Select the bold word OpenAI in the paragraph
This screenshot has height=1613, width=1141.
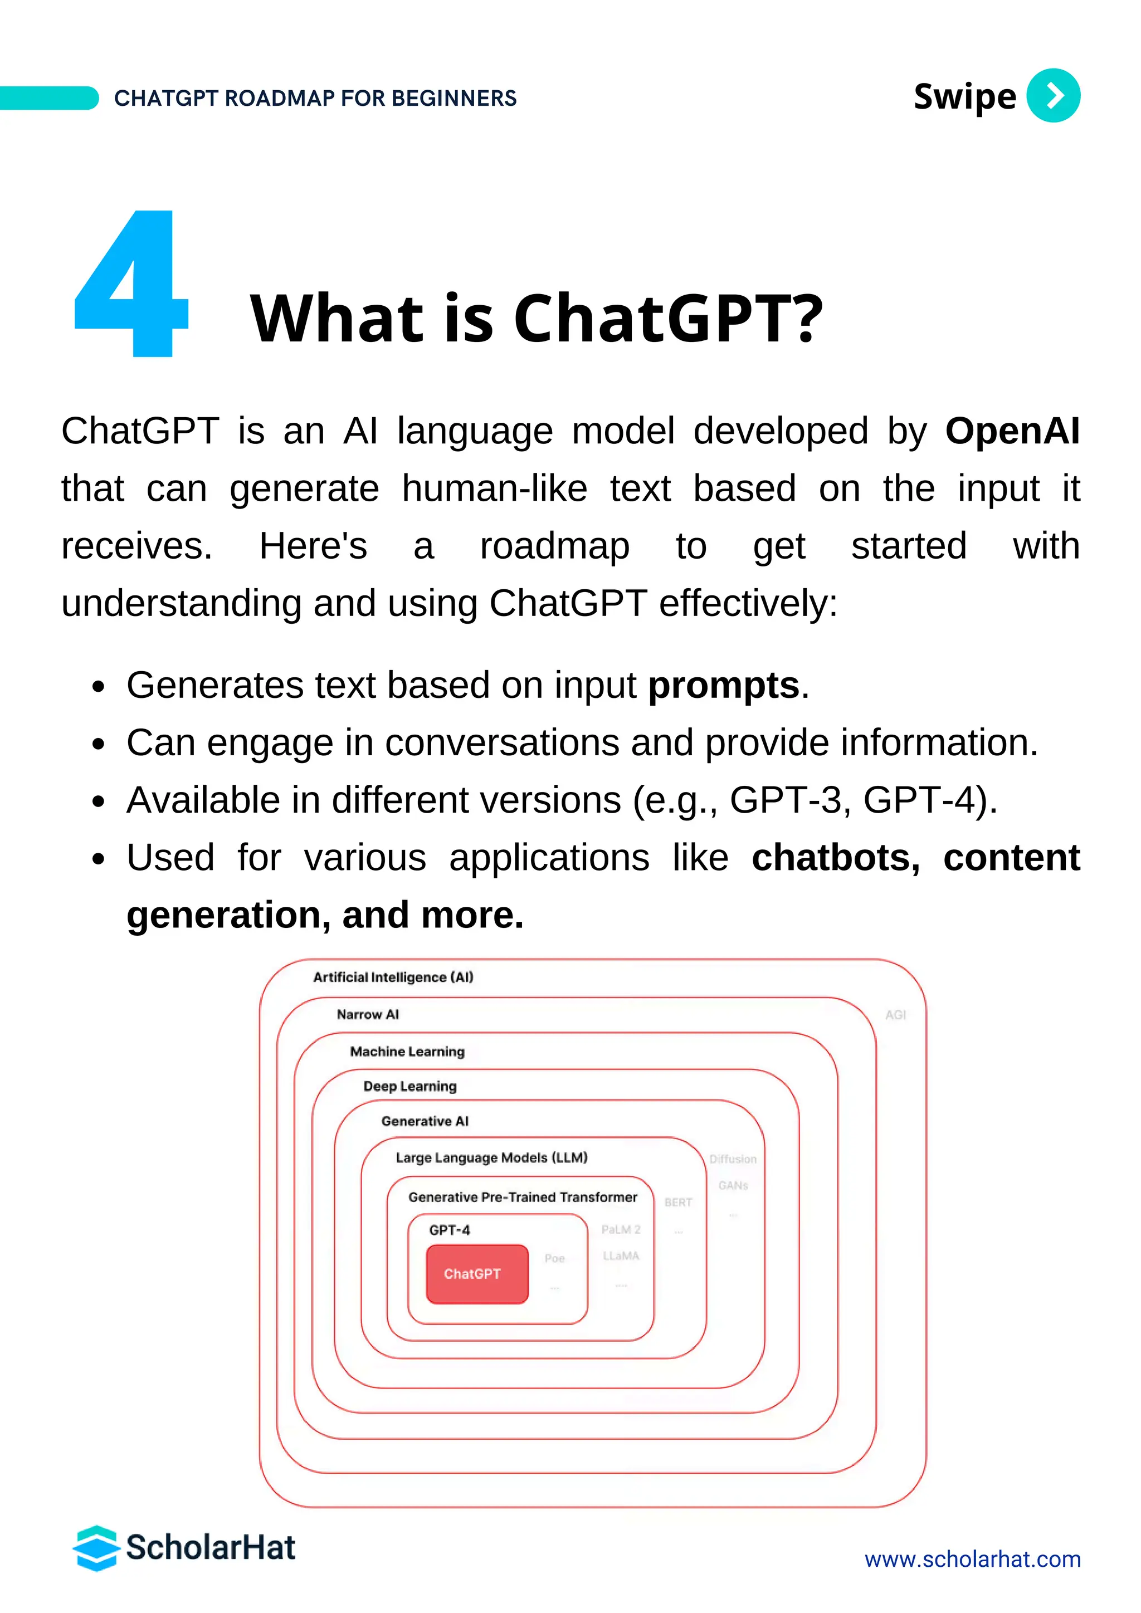(1012, 431)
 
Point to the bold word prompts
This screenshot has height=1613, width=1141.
(724, 685)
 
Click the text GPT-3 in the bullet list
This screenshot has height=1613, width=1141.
(786, 800)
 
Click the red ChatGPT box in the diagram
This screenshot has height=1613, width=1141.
(477, 1274)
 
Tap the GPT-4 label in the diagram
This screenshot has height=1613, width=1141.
(450, 1230)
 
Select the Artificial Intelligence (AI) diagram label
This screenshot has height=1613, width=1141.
(393, 977)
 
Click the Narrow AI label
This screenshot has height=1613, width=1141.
(368, 1014)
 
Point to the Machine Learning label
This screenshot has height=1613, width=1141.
(407, 1052)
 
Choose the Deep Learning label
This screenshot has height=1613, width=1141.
(409, 1086)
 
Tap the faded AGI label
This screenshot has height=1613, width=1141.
(895, 1015)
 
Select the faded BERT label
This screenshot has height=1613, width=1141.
(678, 1203)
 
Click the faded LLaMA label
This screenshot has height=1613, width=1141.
(621, 1255)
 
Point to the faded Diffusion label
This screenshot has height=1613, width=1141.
(733, 1159)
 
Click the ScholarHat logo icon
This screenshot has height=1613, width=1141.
(96, 1548)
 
